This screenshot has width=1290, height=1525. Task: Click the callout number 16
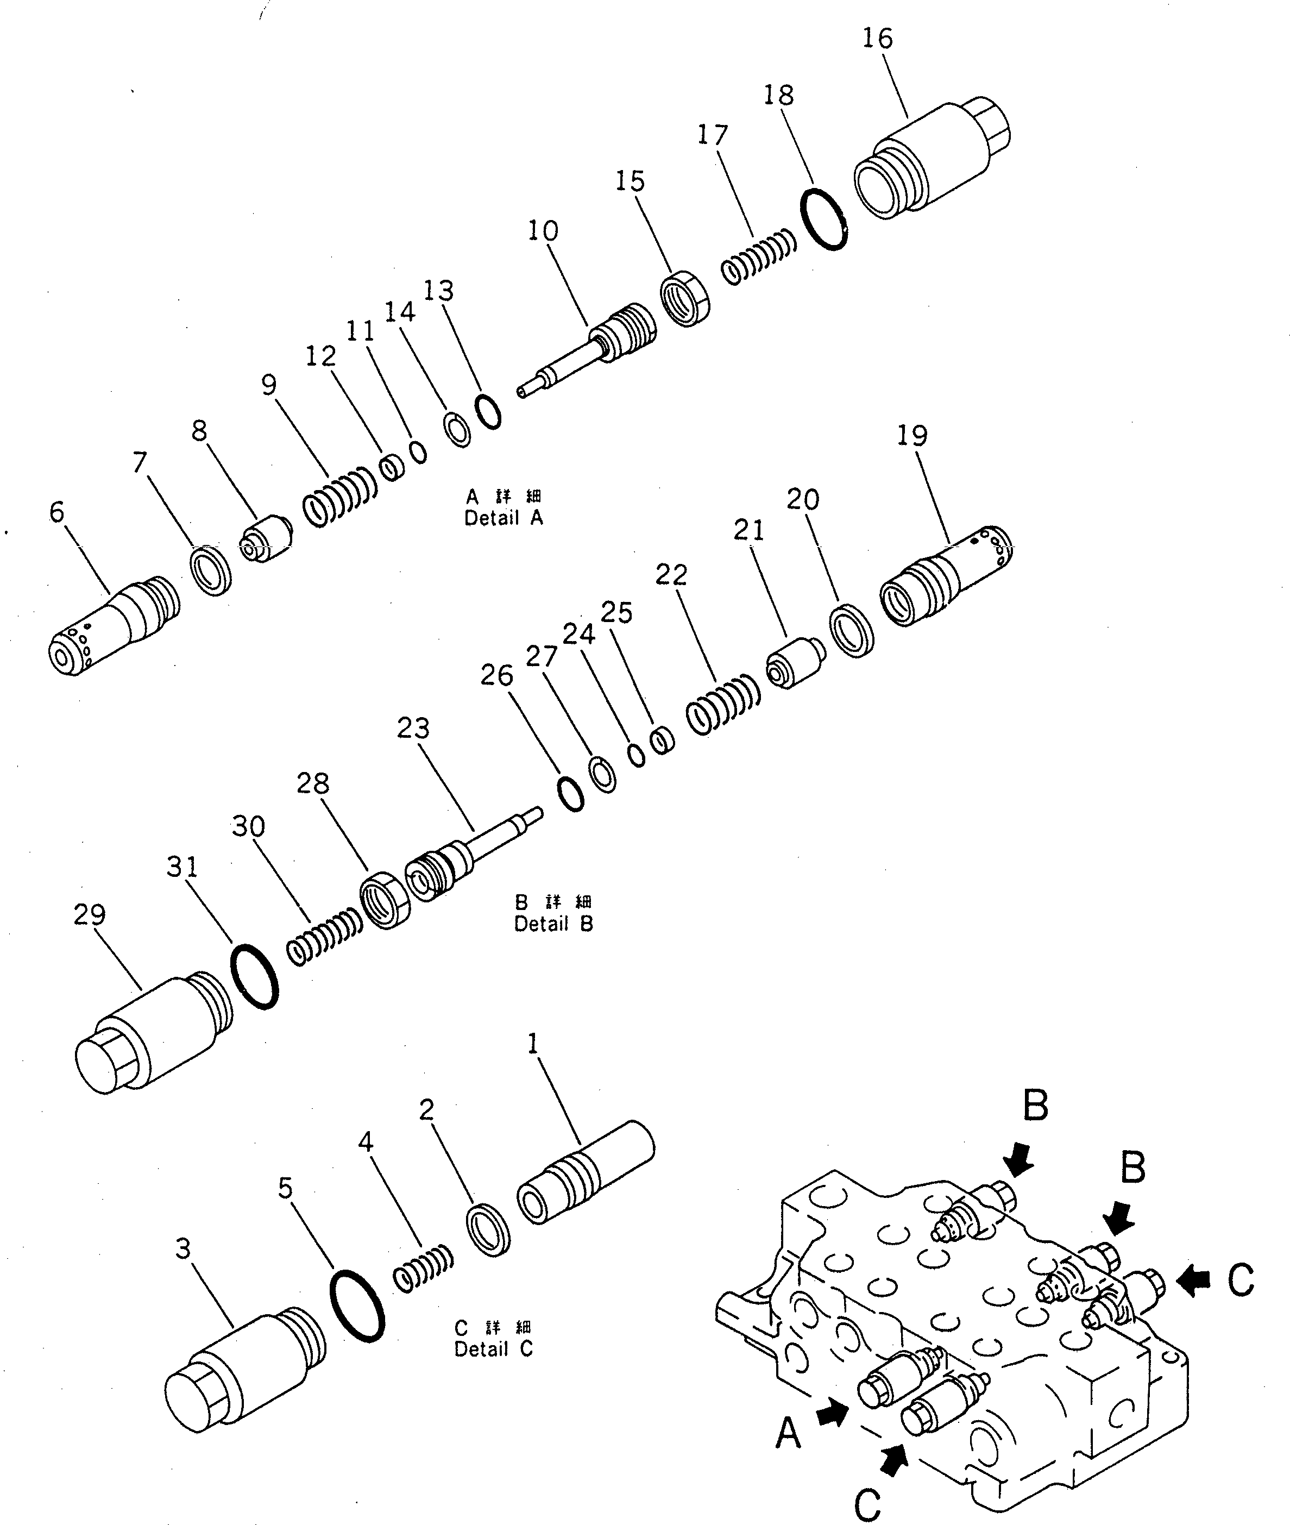click(x=878, y=38)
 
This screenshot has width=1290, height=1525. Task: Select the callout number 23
click(x=413, y=728)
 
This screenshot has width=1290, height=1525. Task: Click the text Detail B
click(x=553, y=924)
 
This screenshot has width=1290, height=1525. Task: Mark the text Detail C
click(x=494, y=1350)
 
